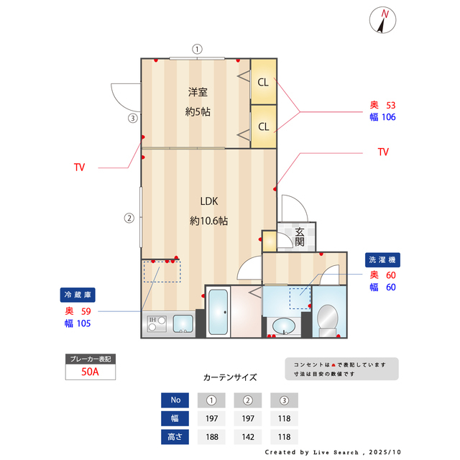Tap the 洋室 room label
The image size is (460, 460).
pyautogui.click(x=198, y=92)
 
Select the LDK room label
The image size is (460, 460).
pyautogui.click(x=208, y=201)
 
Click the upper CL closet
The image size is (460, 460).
pyautogui.click(x=264, y=82)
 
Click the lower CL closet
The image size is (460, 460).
pyautogui.click(x=264, y=127)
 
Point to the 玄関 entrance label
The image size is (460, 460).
pyautogui.click(x=300, y=236)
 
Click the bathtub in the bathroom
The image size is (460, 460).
pyautogui.click(x=218, y=312)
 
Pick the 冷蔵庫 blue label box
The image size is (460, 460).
pyautogui.click(x=78, y=295)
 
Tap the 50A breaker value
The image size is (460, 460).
pyautogui.click(x=90, y=372)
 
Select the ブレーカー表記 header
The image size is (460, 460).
pyautogui.click(x=90, y=359)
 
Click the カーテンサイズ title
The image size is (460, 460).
pyautogui.click(x=230, y=377)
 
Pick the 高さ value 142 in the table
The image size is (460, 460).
pyautogui.click(x=249, y=436)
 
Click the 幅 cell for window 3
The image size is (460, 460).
pyautogui.click(x=285, y=418)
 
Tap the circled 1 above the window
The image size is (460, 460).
pyautogui.click(x=196, y=50)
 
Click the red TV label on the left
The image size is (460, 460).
pyautogui.click(x=79, y=167)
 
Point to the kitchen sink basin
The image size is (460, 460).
pyautogui.click(x=183, y=323)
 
